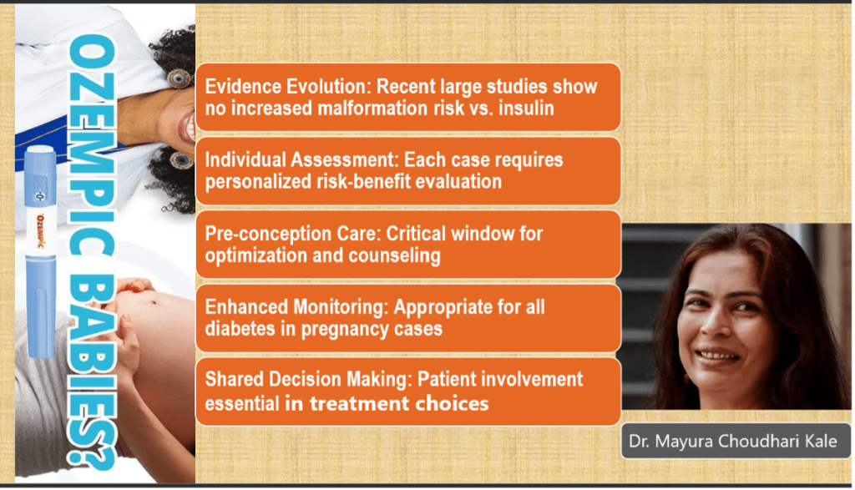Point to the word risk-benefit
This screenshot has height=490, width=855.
point(364,181)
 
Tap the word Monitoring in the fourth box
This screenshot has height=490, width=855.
point(341,307)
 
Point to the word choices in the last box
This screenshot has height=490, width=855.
point(452,403)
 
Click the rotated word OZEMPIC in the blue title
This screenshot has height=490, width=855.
point(92,145)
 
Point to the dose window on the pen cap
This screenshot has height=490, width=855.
point(40,195)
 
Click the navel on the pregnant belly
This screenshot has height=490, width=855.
point(154,301)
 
